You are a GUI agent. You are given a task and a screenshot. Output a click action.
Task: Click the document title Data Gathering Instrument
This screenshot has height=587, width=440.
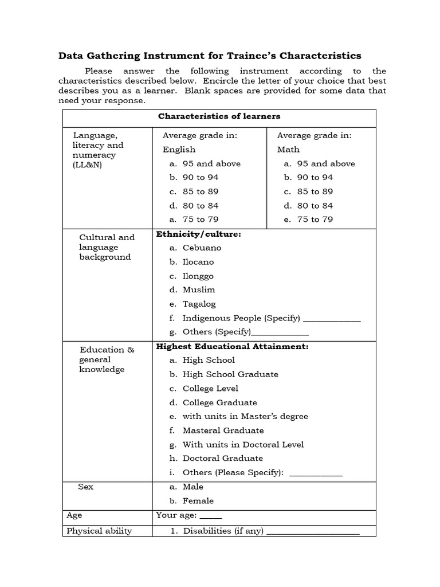210,56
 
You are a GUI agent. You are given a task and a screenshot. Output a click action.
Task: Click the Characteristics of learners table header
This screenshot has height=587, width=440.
219,116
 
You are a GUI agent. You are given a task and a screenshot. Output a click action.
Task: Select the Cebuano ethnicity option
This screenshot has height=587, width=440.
201,248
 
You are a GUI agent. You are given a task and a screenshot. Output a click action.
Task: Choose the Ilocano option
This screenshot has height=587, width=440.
198,262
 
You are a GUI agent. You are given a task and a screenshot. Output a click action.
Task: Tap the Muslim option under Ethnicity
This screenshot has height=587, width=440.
198,290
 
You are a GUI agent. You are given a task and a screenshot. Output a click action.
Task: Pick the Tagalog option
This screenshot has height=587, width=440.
199,304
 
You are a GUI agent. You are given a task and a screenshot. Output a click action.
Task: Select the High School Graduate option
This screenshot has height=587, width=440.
230,374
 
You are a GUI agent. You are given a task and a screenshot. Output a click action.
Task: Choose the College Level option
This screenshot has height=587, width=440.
210,389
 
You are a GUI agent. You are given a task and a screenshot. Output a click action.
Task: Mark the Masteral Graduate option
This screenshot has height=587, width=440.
223,431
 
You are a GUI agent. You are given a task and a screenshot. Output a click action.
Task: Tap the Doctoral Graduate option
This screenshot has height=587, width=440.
222,459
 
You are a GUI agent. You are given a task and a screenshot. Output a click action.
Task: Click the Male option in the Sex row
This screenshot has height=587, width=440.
192,487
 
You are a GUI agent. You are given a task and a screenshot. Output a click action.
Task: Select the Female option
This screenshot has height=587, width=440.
198,501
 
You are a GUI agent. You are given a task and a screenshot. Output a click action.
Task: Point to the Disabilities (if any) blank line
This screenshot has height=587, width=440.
313,532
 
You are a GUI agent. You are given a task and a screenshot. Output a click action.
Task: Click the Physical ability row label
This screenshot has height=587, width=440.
99,531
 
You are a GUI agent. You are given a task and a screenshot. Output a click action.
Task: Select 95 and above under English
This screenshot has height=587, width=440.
211,164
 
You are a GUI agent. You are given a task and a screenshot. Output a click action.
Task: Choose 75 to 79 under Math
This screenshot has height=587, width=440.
315,220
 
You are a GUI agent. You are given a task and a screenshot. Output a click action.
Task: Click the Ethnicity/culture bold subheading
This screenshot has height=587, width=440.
198,234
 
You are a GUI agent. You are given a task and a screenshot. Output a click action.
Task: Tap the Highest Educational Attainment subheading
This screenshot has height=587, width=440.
232,347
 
